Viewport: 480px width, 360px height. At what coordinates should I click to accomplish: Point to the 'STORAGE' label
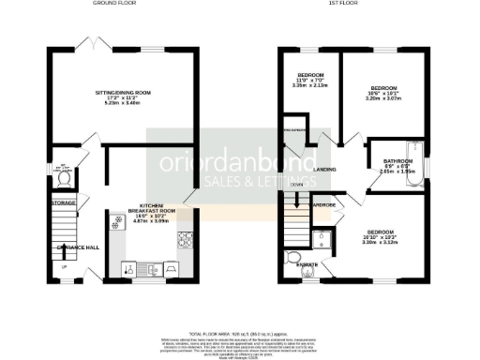pos(64,202)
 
